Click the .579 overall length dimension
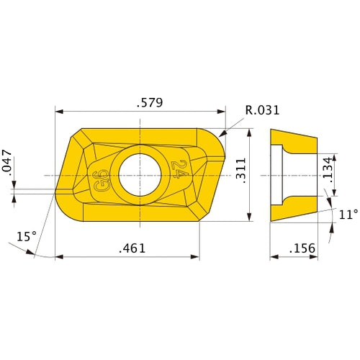(150, 103)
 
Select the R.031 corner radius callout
(262, 110)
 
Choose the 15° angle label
(26, 236)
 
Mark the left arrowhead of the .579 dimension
(59, 112)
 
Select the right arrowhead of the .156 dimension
(315, 256)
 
